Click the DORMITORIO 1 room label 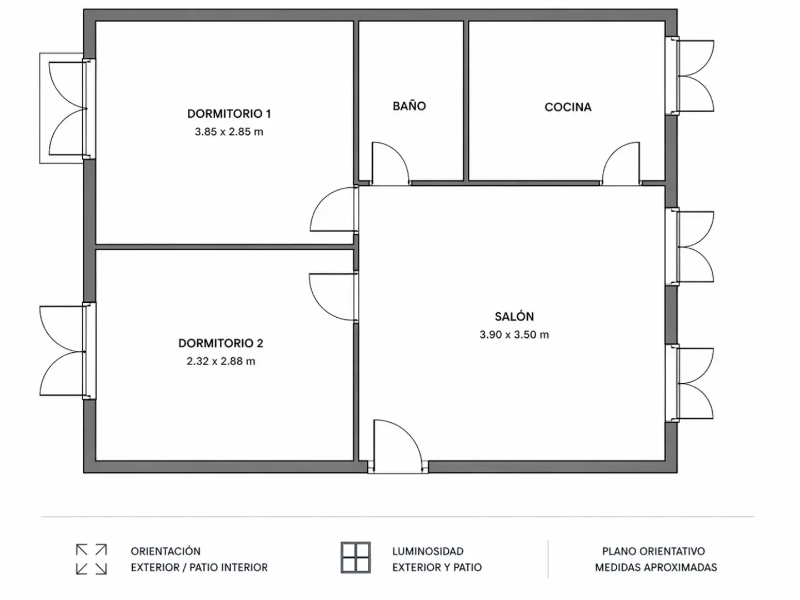pyautogui.click(x=229, y=114)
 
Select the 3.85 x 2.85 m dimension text pyautogui.click(x=229, y=132)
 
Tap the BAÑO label pyautogui.click(x=409, y=106)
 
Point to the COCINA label pyautogui.click(x=568, y=107)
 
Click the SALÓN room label pyautogui.click(x=514, y=316)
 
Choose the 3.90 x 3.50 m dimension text pyautogui.click(x=514, y=334)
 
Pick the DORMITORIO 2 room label pyautogui.click(x=221, y=343)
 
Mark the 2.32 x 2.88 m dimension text pyautogui.click(x=221, y=361)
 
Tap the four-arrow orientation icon pyautogui.click(x=91, y=559)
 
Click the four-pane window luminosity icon pyautogui.click(x=356, y=558)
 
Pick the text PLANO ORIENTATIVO pyautogui.click(x=653, y=551)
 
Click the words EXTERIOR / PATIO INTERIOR pyautogui.click(x=199, y=567)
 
